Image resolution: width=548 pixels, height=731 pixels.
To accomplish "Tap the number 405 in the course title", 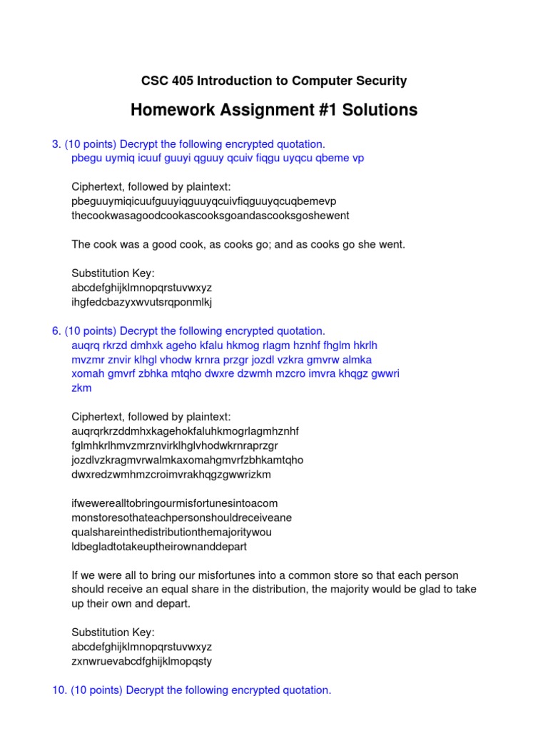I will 186,81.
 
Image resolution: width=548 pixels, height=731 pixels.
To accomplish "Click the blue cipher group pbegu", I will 86,158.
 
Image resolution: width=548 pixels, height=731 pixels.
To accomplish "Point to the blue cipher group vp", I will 357,158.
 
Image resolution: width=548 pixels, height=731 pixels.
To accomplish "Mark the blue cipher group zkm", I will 81,388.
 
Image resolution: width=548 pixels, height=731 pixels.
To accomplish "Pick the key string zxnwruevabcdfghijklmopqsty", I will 142,661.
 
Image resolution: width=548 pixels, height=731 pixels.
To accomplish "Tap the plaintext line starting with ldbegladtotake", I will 159,547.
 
